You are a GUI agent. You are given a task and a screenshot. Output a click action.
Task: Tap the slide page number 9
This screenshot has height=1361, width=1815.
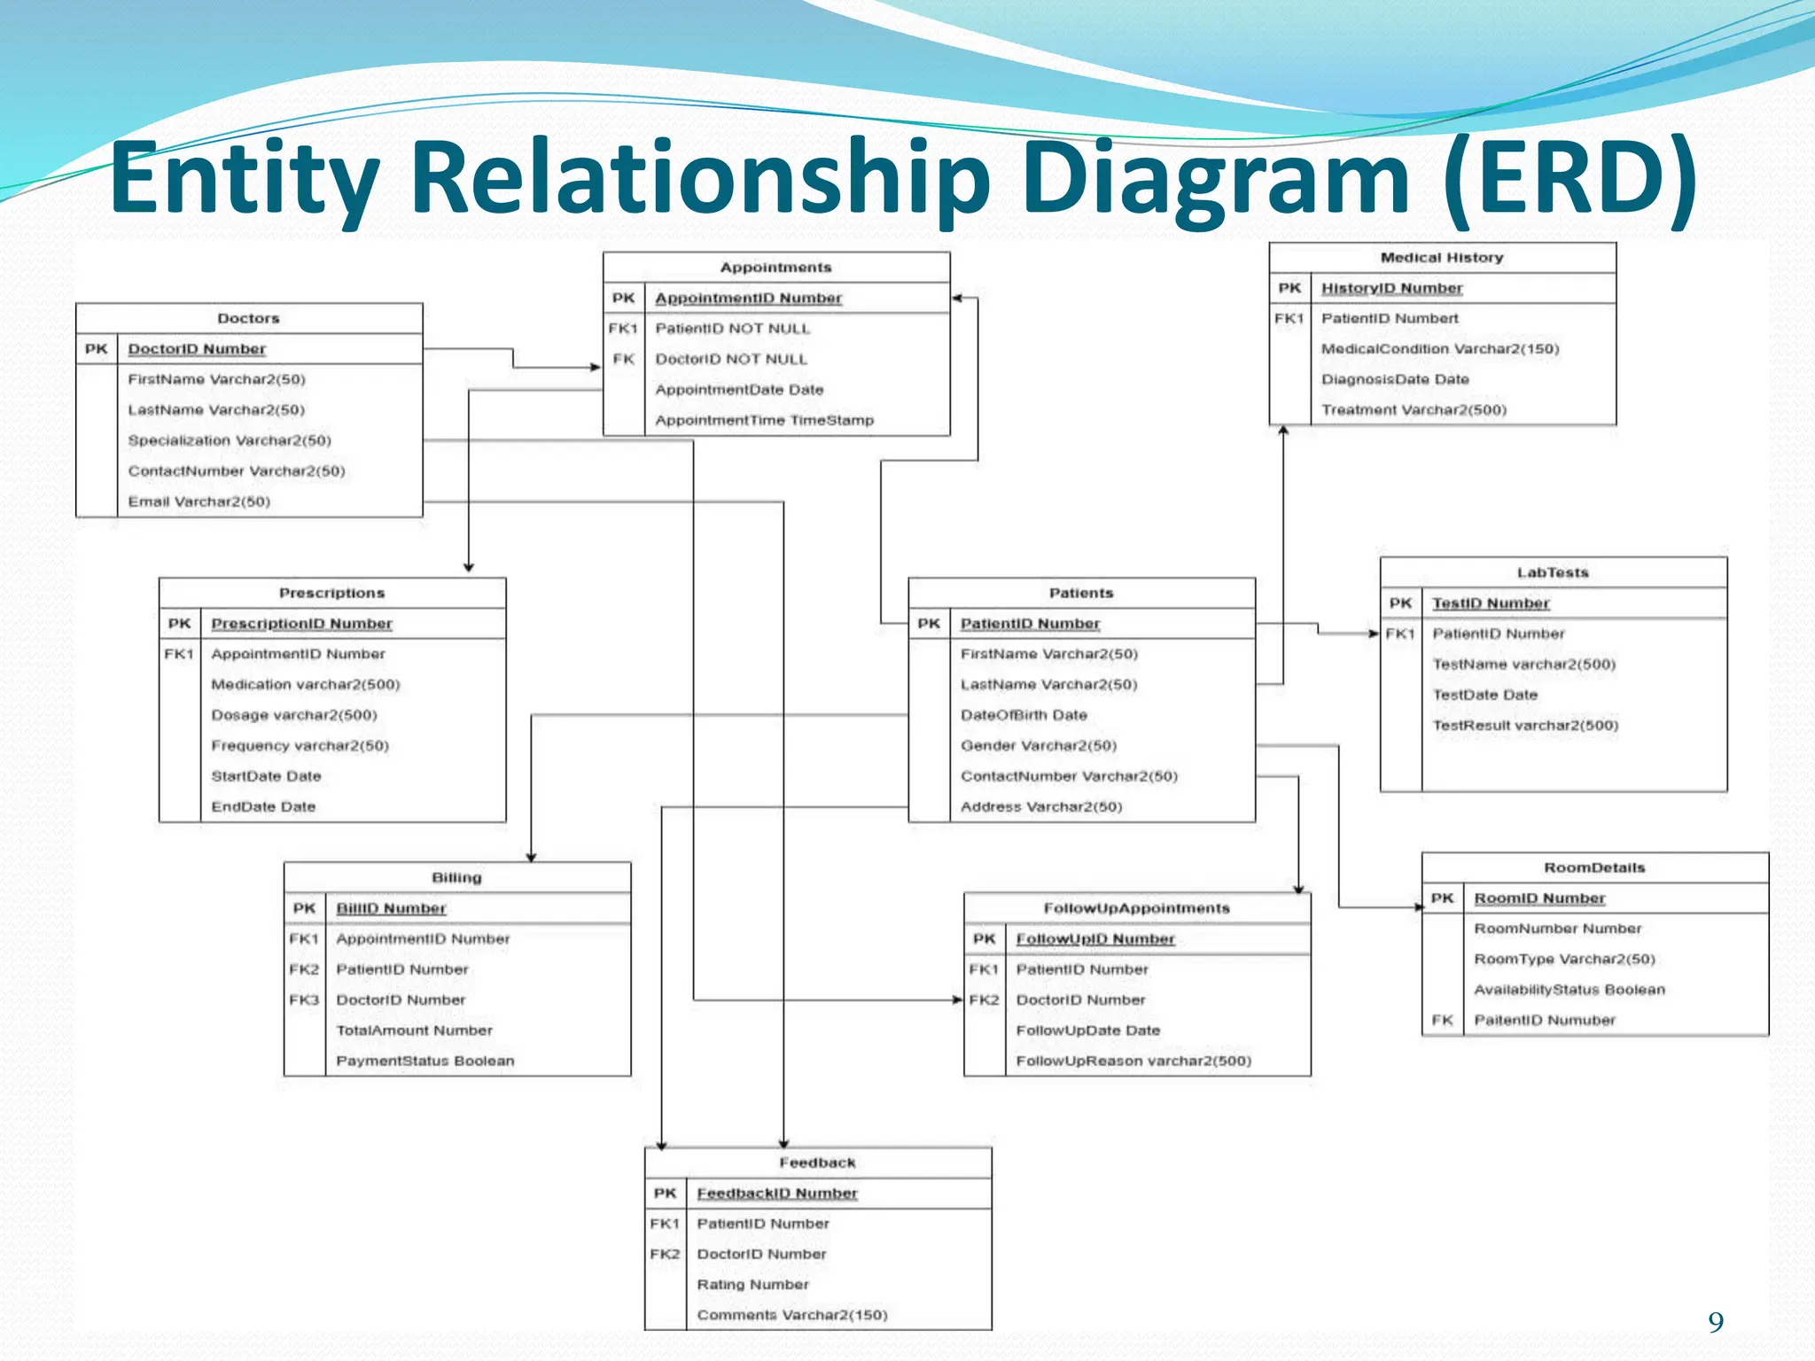coord(1716,1322)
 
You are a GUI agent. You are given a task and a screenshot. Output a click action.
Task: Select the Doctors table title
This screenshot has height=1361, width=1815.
coord(248,318)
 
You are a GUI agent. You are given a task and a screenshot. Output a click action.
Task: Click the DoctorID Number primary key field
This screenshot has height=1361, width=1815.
coord(197,349)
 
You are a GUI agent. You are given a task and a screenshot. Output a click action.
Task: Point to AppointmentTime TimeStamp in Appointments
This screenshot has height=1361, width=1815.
coord(764,420)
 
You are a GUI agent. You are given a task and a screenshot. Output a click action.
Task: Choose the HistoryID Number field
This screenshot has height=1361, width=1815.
coord(1391,288)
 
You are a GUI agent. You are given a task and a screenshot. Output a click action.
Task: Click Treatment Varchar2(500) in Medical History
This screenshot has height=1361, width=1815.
coord(1414,409)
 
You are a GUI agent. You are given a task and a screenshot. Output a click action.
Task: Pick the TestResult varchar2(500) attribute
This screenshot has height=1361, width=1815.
coord(1525,726)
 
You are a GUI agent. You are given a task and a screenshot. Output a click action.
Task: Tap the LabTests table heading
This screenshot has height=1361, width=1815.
coord(1553,572)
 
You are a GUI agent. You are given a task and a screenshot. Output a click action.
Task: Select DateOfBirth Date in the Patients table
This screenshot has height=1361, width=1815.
coord(1024,715)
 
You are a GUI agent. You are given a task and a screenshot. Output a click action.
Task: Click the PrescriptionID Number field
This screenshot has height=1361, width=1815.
coord(301,624)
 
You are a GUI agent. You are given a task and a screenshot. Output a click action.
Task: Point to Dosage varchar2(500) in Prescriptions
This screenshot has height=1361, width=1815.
coord(294,715)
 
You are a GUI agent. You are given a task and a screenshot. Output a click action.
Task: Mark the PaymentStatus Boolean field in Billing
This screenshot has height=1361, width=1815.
coord(425,1061)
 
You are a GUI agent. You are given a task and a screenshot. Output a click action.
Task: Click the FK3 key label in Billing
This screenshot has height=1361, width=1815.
coord(304,999)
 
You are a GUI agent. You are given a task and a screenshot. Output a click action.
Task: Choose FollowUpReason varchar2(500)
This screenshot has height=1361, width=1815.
coord(1133,1061)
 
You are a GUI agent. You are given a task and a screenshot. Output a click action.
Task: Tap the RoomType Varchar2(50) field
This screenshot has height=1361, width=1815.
coord(1564,959)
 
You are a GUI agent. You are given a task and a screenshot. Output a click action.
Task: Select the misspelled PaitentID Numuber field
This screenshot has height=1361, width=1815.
coord(1545,1020)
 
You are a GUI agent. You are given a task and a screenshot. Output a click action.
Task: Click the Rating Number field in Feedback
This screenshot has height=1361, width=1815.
coord(752,1284)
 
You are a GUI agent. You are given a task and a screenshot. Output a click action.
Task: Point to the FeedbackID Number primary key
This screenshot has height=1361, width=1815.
coord(777,1194)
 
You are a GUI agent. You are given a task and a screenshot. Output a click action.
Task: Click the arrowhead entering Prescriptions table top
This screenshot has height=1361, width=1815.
coord(469,567)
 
